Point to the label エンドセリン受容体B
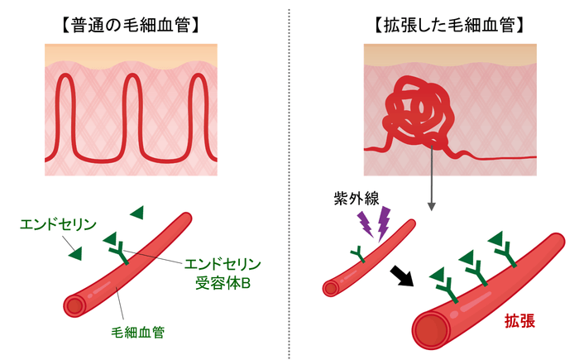[222, 273]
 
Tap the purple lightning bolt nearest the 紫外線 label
[365, 223]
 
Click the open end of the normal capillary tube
[75, 305]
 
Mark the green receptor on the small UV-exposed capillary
[358, 254]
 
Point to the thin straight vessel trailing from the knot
[505, 157]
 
